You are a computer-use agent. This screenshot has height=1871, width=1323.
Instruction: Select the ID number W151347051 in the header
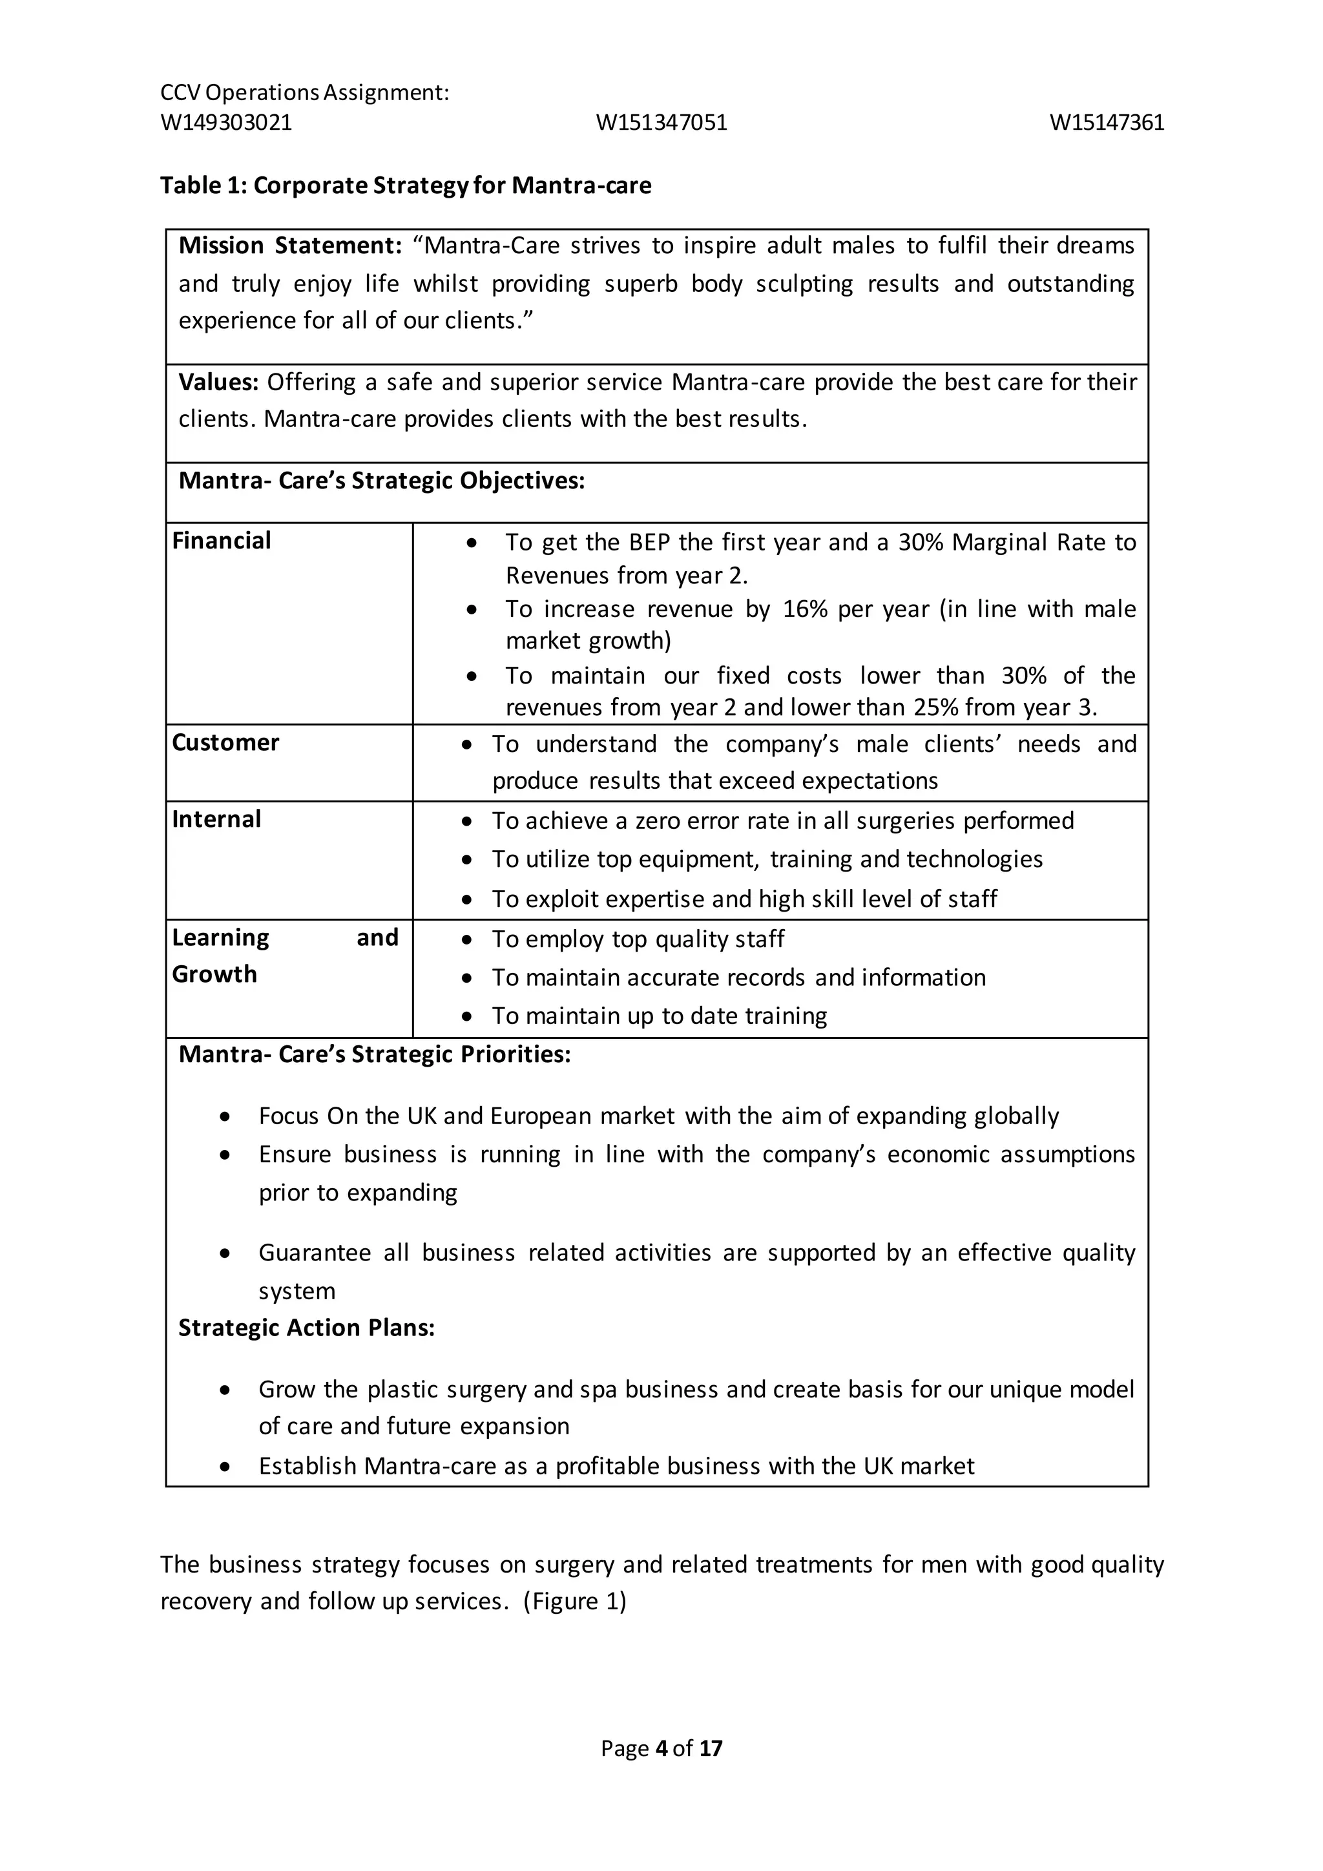(x=661, y=123)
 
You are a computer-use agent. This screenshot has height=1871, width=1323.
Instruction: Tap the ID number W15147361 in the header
(x=1107, y=123)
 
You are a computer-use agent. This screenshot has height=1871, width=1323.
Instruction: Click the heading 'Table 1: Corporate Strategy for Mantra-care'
(x=405, y=186)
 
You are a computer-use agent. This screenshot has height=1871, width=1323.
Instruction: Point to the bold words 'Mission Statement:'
(x=290, y=246)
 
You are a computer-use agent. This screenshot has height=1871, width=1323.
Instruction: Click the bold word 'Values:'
(x=218, y=382)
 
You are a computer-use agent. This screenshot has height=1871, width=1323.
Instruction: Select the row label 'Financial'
(x=222, y=541)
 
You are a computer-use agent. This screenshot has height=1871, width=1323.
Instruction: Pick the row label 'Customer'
(x=225, y=742)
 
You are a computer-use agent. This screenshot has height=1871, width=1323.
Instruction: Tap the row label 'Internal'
(x=216, y=819)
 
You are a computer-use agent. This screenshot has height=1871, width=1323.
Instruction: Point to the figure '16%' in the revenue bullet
(x=806, y=609)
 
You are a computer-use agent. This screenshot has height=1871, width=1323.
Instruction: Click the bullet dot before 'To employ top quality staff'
(x=467, y=939)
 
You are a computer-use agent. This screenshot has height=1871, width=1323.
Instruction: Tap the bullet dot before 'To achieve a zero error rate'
(x=467, y=821)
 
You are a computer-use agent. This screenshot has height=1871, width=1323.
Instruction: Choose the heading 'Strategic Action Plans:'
(x=306, y=1328)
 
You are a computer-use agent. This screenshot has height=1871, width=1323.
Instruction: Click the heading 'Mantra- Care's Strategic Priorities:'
(x=375, y=1054)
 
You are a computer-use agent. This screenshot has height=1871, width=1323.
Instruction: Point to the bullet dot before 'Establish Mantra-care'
(x=225, y=1467)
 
